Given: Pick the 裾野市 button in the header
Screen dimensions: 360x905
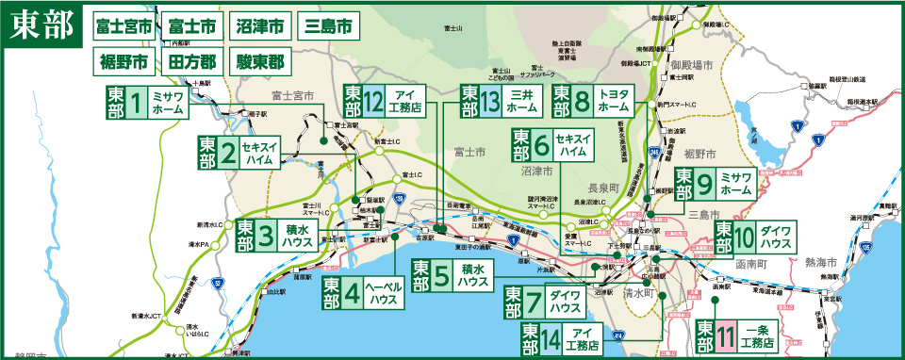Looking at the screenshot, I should pos(123,63).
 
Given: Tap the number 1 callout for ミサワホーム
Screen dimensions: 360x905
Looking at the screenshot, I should pos(138,103).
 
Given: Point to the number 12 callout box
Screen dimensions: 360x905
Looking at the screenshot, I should pos(373,102).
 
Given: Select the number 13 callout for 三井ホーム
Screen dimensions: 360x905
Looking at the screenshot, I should pos(491,102).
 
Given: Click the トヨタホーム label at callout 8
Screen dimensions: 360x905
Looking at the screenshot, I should pos(614,102).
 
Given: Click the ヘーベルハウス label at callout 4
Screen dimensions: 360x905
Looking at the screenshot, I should pos(384,294).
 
